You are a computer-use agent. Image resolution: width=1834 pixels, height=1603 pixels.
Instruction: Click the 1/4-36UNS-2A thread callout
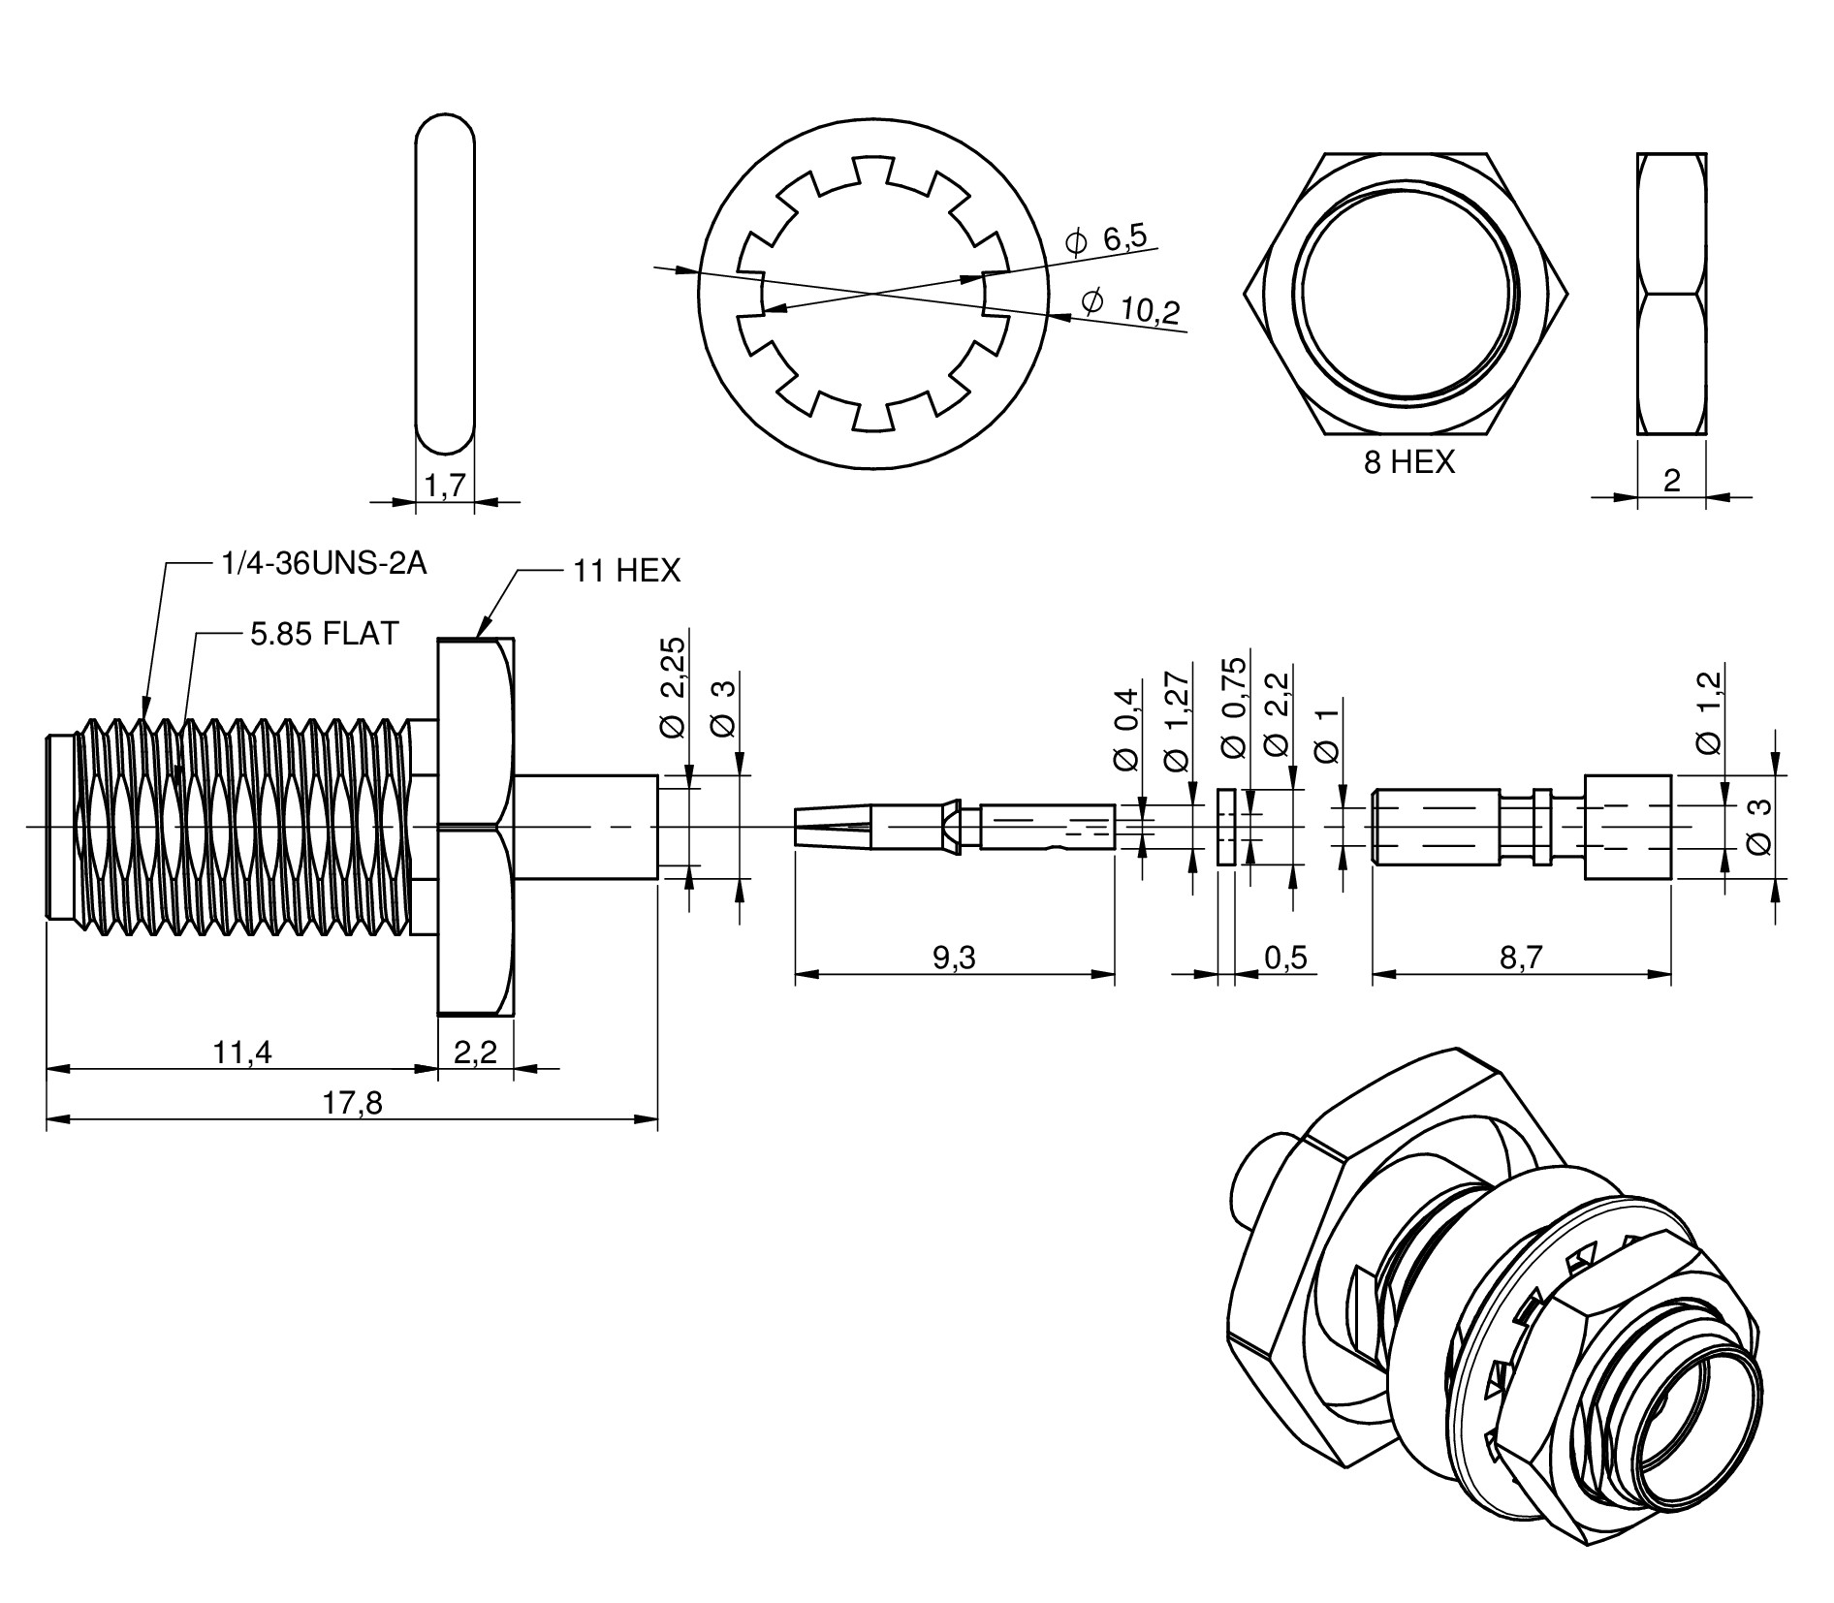[x=324, y=563]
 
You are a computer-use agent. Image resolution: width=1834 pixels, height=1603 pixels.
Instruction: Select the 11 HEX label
[x=626, y=571]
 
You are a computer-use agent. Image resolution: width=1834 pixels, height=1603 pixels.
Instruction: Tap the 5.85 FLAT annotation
[x=324, y=634]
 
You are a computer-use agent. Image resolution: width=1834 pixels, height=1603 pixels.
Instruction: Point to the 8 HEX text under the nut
[x=1409, y=462]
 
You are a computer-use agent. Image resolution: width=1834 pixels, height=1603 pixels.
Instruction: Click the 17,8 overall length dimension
[x=353, y=1103]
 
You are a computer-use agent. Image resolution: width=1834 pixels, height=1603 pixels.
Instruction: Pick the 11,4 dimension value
[x=242, y=1052]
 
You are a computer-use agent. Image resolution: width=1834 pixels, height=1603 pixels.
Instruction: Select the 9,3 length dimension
[x=954, y=958]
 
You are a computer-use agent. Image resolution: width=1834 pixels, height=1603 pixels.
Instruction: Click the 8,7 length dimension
[x=1521, y=958]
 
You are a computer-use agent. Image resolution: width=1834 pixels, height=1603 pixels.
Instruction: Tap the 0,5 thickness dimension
[x=1285, y=958]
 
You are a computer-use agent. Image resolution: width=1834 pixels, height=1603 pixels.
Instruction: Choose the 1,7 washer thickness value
[x=445, y=486]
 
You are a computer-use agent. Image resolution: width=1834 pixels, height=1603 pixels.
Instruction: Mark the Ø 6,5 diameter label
[x=1105, y=239]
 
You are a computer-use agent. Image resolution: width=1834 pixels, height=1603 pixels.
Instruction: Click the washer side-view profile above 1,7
[x=445, y=285]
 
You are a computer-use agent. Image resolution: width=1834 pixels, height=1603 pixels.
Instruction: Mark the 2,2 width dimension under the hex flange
[x=475, y=1052]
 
